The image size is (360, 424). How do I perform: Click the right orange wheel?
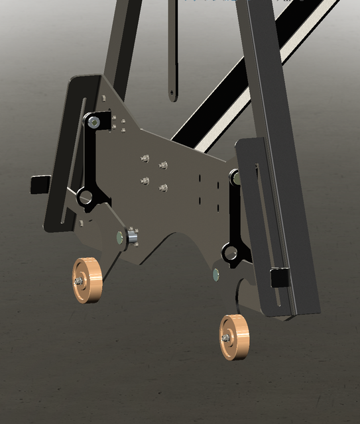tap(234, 338)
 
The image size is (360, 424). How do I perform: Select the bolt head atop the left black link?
tap(94, 122)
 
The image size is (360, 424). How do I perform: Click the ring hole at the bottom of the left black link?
tap(85, 197)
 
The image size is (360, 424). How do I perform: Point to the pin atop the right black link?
tap(235, 178)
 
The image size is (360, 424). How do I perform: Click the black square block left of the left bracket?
tap(40, 184)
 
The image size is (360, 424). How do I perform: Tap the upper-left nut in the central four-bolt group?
tap(145, 158)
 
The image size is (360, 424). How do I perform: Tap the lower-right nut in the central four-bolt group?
tap(163, 188)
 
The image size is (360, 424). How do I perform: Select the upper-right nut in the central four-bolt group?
tap(164, 165)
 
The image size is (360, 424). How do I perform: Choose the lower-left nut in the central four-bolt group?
tap(145, 180)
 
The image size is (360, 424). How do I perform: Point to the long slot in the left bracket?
tap(73, 159)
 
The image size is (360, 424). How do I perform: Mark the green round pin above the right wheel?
tap(215, 273)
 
